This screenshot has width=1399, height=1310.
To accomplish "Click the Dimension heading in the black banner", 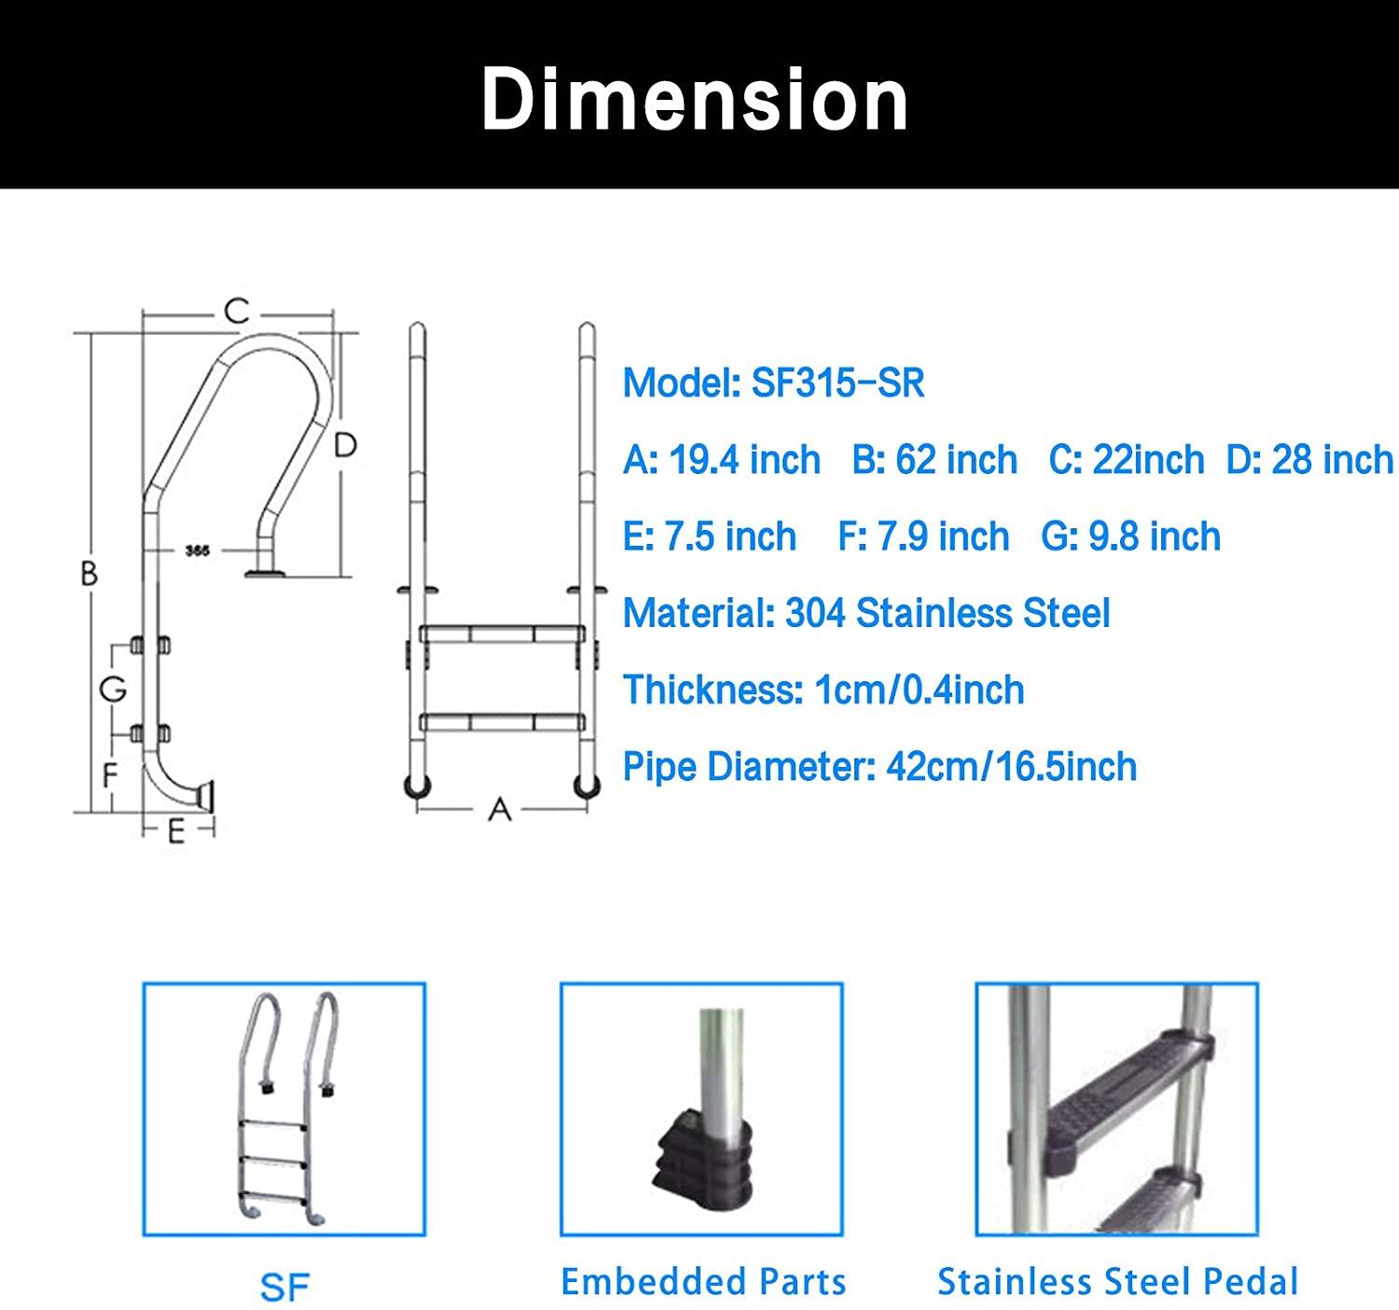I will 695,100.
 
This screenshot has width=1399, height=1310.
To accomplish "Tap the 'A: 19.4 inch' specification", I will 721,460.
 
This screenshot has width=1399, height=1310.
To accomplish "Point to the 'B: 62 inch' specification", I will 935,460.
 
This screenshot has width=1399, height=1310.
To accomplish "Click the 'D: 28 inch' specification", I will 1309,460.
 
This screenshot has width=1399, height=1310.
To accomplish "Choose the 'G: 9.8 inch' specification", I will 1130,537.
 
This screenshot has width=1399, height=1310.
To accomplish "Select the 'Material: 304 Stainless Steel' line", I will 866,613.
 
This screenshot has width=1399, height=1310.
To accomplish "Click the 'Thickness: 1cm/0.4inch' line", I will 824,690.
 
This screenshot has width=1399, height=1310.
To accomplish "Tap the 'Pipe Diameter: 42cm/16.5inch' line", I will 880,767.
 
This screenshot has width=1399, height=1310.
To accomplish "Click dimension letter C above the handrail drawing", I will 237,311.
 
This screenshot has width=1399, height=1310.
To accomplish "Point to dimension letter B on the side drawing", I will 89,573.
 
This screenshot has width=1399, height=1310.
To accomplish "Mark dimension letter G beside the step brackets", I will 113,690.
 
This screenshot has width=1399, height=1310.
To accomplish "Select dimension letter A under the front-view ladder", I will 500,809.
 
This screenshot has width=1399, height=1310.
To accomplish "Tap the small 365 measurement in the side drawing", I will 197,551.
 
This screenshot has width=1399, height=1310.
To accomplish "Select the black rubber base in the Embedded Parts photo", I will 701,1163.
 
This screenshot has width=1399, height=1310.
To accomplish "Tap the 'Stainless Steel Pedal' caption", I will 1117,1282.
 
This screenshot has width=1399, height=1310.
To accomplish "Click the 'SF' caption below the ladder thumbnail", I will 284,1288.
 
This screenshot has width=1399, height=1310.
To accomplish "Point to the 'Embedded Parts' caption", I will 703,1282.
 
